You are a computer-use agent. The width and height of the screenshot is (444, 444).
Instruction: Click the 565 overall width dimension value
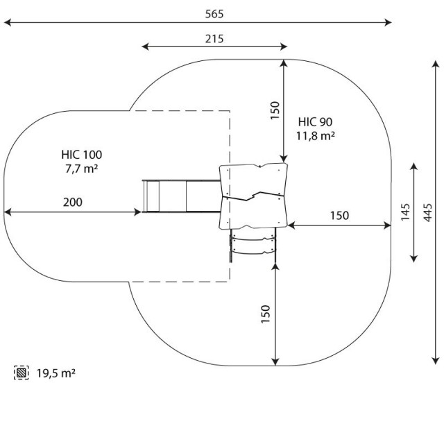pyautogui.click(x=214, y=14)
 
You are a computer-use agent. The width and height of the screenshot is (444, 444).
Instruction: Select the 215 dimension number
pyautogui.click(x=214, y=39)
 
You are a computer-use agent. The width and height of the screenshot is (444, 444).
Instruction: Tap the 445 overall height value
pyautogui.click(x=427, y=212)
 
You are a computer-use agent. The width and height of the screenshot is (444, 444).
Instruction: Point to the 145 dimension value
pyautogui.click(x=405, y=212)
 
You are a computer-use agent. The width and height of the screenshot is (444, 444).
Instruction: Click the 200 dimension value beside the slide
pyautogui.click(x=73, y=203)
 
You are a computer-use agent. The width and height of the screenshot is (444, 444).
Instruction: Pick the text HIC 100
pyautogui.click(x=82, y=155)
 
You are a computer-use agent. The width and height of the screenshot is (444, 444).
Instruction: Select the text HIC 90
pyautogui.click(x=315, y=122)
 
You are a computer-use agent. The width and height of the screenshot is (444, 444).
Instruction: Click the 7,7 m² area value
pyautogui.click(x=82, y=169)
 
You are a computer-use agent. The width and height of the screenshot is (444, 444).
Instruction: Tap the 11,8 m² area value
pyautogui.click(x=316, y=136)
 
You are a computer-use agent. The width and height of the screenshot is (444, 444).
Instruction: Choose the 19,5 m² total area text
pyautogui.click(x=55, y=373)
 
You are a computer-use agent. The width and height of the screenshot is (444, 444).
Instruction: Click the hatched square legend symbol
pyautogui.click(x=22, y=373)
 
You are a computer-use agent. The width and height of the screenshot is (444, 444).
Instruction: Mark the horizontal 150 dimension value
pyautogui.click(x=339, y=216)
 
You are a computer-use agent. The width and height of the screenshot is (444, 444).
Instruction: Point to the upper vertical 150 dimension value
pyautogui.click(x=275, y=110)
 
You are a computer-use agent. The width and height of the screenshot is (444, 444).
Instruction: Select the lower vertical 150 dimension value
pyautogui.click(x=265, y=314)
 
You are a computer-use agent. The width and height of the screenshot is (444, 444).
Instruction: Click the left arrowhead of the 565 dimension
pyautogui.click(x=8, y=22)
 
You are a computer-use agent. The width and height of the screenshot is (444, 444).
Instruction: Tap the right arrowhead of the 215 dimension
pyautogui.click(x=284, y=46)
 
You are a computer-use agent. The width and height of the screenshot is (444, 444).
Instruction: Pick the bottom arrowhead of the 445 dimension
pyautogui.click(x=436, y=361)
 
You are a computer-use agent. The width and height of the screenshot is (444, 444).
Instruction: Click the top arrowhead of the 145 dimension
pyautogui.click(x=414, y=166)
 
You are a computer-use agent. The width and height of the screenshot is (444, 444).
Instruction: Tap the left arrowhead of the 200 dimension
pyautogui.click(x=8, y=212)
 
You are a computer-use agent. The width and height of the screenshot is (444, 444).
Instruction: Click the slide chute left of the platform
pyautogui.click(x=182, y=196)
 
